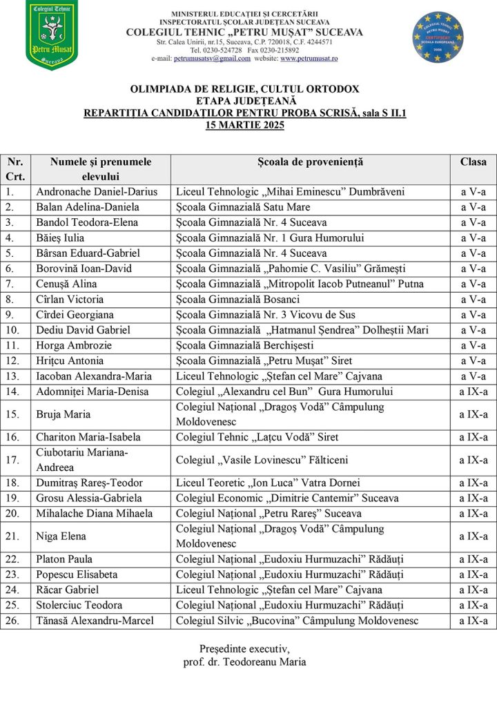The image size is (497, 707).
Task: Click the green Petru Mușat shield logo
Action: tap(51, 35)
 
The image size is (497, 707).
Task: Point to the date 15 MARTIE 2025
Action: tap(244, 125)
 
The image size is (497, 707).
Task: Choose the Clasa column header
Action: tap(473, 162)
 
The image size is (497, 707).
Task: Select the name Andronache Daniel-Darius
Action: tap(97, 192)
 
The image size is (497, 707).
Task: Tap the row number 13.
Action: tap(12, 376)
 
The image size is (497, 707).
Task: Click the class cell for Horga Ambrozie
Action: tap(473, 345)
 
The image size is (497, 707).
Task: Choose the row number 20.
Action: tap(12, 514)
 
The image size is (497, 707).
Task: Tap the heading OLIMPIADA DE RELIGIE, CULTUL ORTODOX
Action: tap(244, 89)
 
